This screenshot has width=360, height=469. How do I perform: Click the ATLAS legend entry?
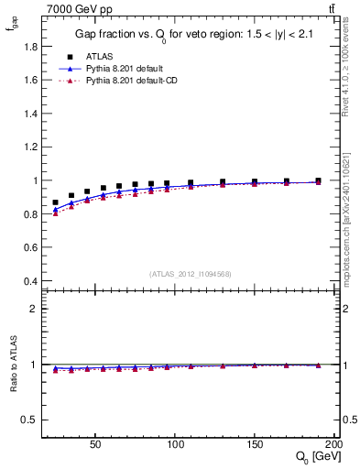click(99, 55)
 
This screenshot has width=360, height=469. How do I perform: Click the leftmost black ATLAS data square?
click(55, 202)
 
